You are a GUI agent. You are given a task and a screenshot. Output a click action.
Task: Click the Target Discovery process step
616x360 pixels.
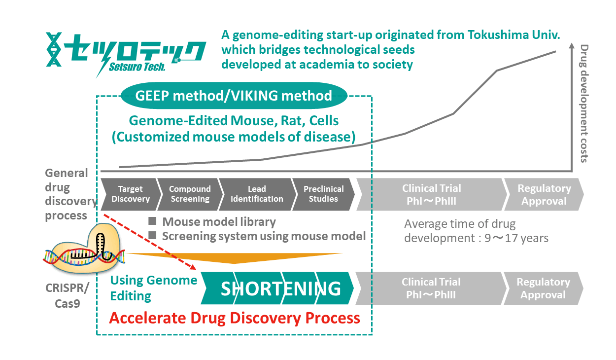click(x=131, y=194)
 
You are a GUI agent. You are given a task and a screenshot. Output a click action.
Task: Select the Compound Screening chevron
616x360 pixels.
click(x=190, y=194)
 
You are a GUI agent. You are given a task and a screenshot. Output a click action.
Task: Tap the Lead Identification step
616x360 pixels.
click(x=257, y=194)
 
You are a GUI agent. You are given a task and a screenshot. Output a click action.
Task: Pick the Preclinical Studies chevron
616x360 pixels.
click(x=323, y=194)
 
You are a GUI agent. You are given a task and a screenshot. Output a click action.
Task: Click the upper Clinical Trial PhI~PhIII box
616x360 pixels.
click(x=432, y=194)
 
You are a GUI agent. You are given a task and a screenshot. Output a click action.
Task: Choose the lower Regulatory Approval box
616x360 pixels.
click(x=543, y=288)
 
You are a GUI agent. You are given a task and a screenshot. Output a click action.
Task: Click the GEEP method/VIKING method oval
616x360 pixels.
click(x=234, y=96)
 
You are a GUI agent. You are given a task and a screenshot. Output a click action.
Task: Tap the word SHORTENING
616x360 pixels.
click(x=280, y=288)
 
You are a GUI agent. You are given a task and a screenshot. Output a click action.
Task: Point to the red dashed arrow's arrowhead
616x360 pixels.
click(x=193, y=267)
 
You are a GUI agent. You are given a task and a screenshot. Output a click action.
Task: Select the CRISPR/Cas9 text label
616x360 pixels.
click(x=68, y=295)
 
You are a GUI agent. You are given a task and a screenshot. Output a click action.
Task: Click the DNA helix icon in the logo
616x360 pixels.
click(x=54, y=49)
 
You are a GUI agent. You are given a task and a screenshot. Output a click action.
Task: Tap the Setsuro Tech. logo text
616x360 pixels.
click(x=137, y=67)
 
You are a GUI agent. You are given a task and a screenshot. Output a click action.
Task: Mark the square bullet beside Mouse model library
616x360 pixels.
click(x=152, y=221)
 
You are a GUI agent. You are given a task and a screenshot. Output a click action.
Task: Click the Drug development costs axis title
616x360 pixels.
click(x=584, y=104)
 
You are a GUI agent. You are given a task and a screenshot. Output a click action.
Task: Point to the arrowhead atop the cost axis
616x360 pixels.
click(x=572, y=45)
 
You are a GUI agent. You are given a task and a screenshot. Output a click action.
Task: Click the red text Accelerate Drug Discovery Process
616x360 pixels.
click(x=235, y=318)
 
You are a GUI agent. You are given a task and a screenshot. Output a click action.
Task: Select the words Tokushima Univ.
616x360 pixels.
click(x=513, y=35)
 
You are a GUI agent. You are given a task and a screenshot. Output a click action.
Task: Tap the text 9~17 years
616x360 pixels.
click(x=516, y=238)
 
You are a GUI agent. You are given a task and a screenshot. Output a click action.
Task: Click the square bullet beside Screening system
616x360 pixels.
click(x=152, y=235)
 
